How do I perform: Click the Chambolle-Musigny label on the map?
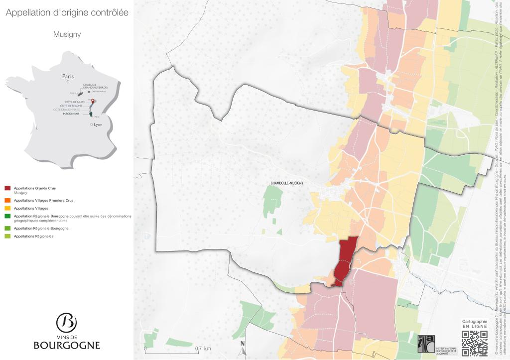pyautogui.click(x=287, y=183)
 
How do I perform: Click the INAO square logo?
pyautogui.click(x=426, y=346)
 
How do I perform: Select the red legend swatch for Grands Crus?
pyautogui.click(x=7, y=188)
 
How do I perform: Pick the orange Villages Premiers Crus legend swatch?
pyautogui.click(x=7, y=200)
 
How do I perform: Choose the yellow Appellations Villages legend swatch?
pyautogui.click(x=7, y=208)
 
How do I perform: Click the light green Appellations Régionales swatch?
pyautogui.click(x=7, y=236)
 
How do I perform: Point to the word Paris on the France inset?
pyautogui.click(x=68, y=76)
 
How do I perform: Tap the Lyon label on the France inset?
pyautogui.click(x=98, y=124)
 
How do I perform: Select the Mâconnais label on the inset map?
pyautogui.click(x=72, y=114)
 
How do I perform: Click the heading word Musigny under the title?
pyautogui.click(x=67, y=35)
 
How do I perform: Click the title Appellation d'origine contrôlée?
pyautogui.click(x=67, y=12)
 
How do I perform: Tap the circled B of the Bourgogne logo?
pyautogui.click(x=66, y=323)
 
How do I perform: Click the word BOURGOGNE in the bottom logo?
pyautogui.click(x=67, y=345)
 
